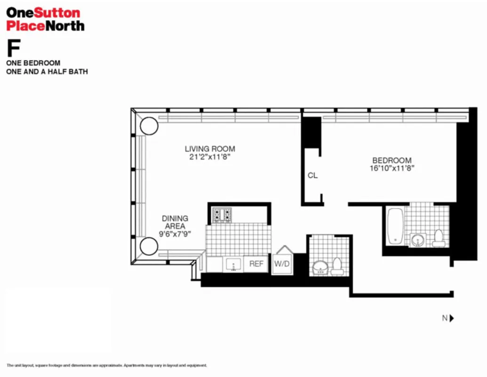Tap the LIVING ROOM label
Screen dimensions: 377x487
209,149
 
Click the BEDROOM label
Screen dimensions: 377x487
391,160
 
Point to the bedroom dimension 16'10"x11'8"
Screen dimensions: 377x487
391,168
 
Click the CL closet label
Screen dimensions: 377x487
312,175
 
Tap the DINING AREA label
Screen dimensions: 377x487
175,222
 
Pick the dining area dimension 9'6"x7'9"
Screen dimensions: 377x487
175,233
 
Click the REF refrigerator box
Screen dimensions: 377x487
256,264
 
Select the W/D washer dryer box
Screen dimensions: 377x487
282,264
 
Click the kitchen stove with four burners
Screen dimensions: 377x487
222,215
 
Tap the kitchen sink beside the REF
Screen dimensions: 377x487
233,265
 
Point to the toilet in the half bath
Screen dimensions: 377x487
337,266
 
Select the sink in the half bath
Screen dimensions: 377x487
320,268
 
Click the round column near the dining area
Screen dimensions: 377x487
149,246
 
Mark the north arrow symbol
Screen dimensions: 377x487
451,318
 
